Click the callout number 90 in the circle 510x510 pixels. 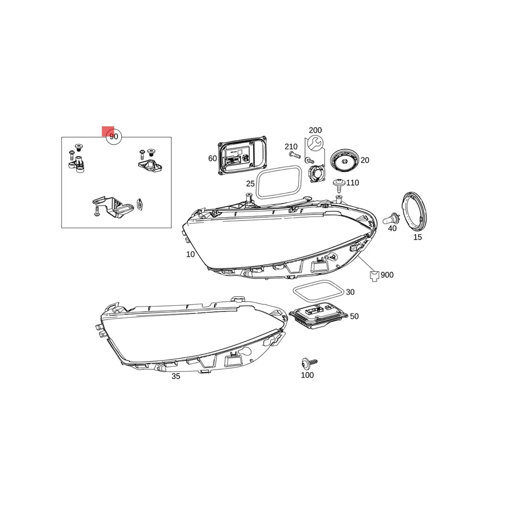tap(114, 137)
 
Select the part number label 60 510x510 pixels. tap(212, 159)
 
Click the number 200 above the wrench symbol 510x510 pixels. tap(315, 130)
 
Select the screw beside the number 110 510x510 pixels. tap(338, 183)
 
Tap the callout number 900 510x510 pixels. tap(387, 275)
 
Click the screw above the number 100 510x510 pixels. tap(309, 363)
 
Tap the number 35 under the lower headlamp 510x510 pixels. tap(176, 376)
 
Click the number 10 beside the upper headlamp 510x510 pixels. tap(190, 254)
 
